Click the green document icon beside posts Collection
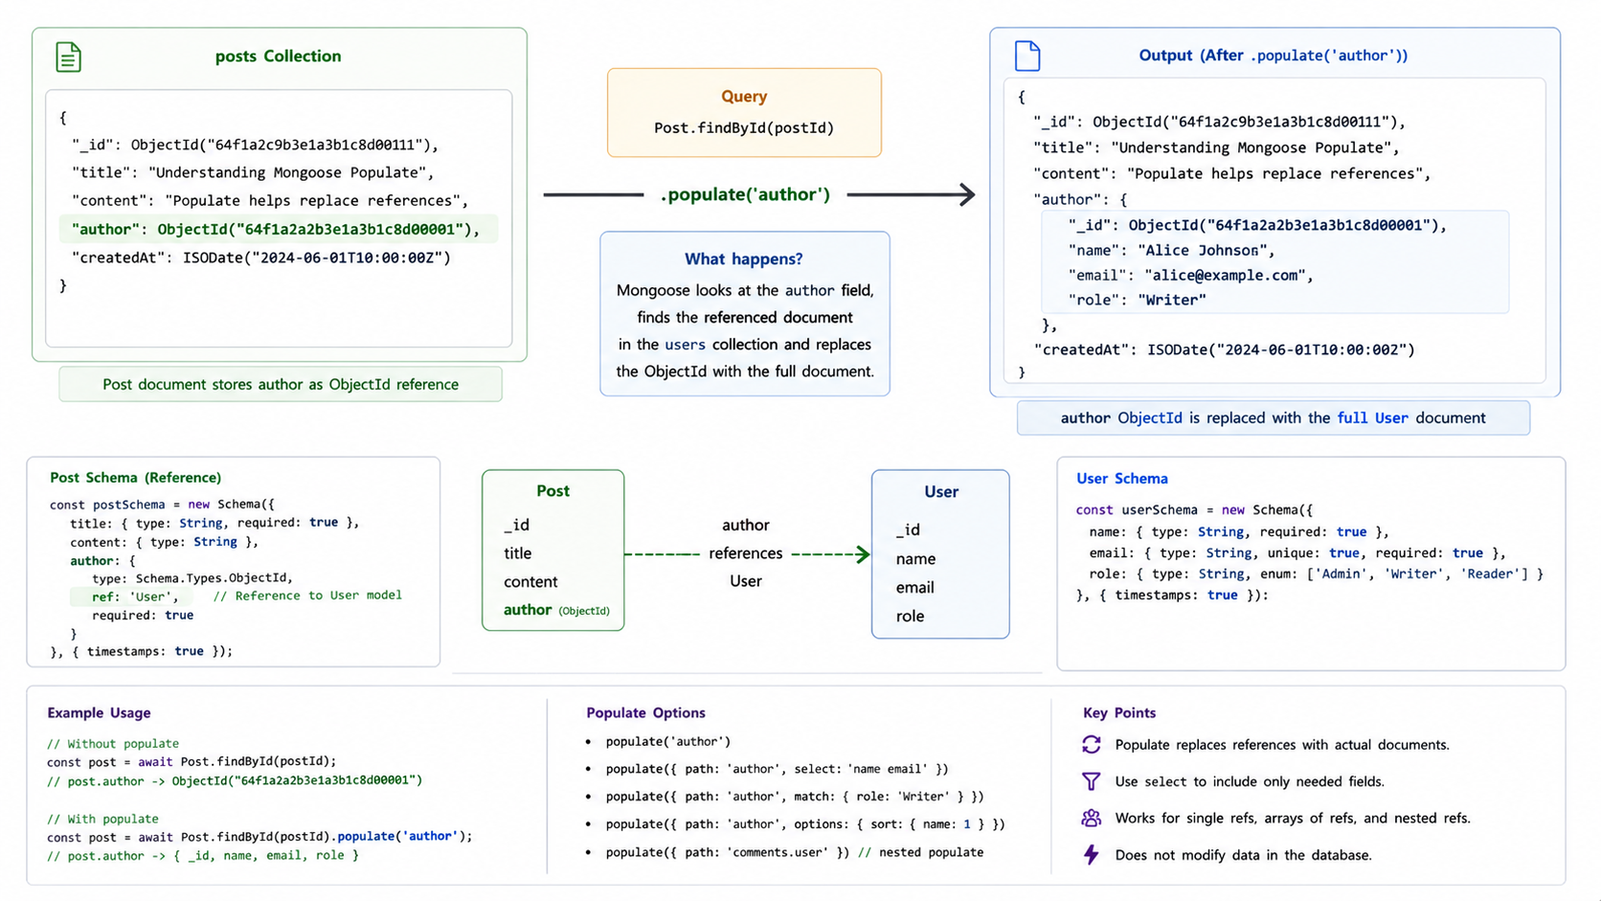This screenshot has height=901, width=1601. point(69,57)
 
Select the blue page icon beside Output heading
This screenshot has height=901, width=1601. point(1027,56)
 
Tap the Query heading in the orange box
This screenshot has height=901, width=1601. point(744,97)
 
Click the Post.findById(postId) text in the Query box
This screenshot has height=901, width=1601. point(744,128)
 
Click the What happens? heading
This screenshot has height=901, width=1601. point(744,259)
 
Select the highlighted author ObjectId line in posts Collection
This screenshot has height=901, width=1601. point(276,230)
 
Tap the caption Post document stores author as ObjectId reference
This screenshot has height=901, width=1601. point(281,384)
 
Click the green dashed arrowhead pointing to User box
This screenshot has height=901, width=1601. point(863,553)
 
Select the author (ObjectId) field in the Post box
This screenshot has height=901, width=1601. point(556,610)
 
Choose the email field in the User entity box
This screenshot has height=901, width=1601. point(914,587)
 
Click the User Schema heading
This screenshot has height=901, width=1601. point(1122,479)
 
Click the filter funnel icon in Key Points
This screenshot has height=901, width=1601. point(1091,781)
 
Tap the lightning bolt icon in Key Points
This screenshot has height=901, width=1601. point(1092,854)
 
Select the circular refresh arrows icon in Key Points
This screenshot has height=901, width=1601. point(1091,745)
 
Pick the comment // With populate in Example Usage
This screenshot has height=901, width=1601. point(102,819)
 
